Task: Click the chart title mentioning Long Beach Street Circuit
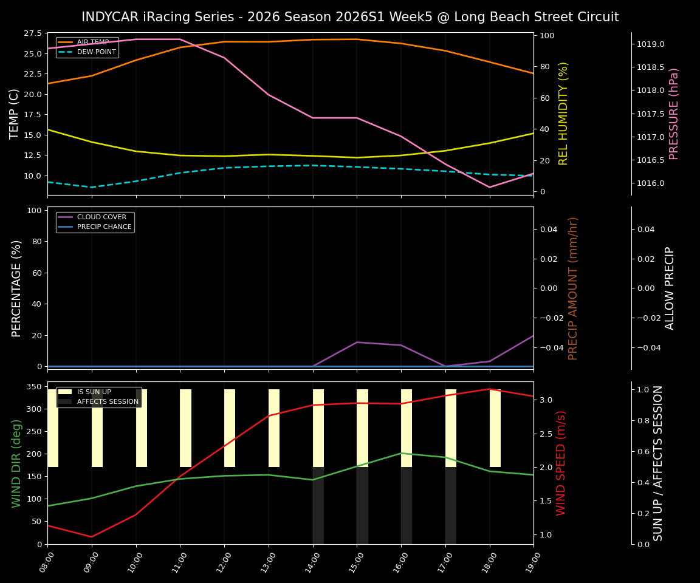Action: pyautogui.click(x=350, y=17)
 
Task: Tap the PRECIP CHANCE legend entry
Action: pyautogui.click(x=104, y=227)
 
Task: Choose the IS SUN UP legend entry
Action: pyautogui.click(x=94, y=392)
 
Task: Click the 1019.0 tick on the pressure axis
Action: pyautogui.click(x=651, y=44)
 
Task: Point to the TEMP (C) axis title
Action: pyautogui.click(x=15, y=114)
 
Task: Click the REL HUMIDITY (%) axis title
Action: pyautogui.click(x=563, y=114)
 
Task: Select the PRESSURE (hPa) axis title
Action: pyautogui.click(x=673, y=114)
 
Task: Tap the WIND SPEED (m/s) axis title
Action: pyautogui.click(x=561, y=463)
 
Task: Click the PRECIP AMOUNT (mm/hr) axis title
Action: pyautogui.click(x=573, y=288)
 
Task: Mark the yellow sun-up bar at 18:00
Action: pyautogui.click(x=495, y=428)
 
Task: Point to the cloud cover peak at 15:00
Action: pyautogui.click(x=357, y=343)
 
